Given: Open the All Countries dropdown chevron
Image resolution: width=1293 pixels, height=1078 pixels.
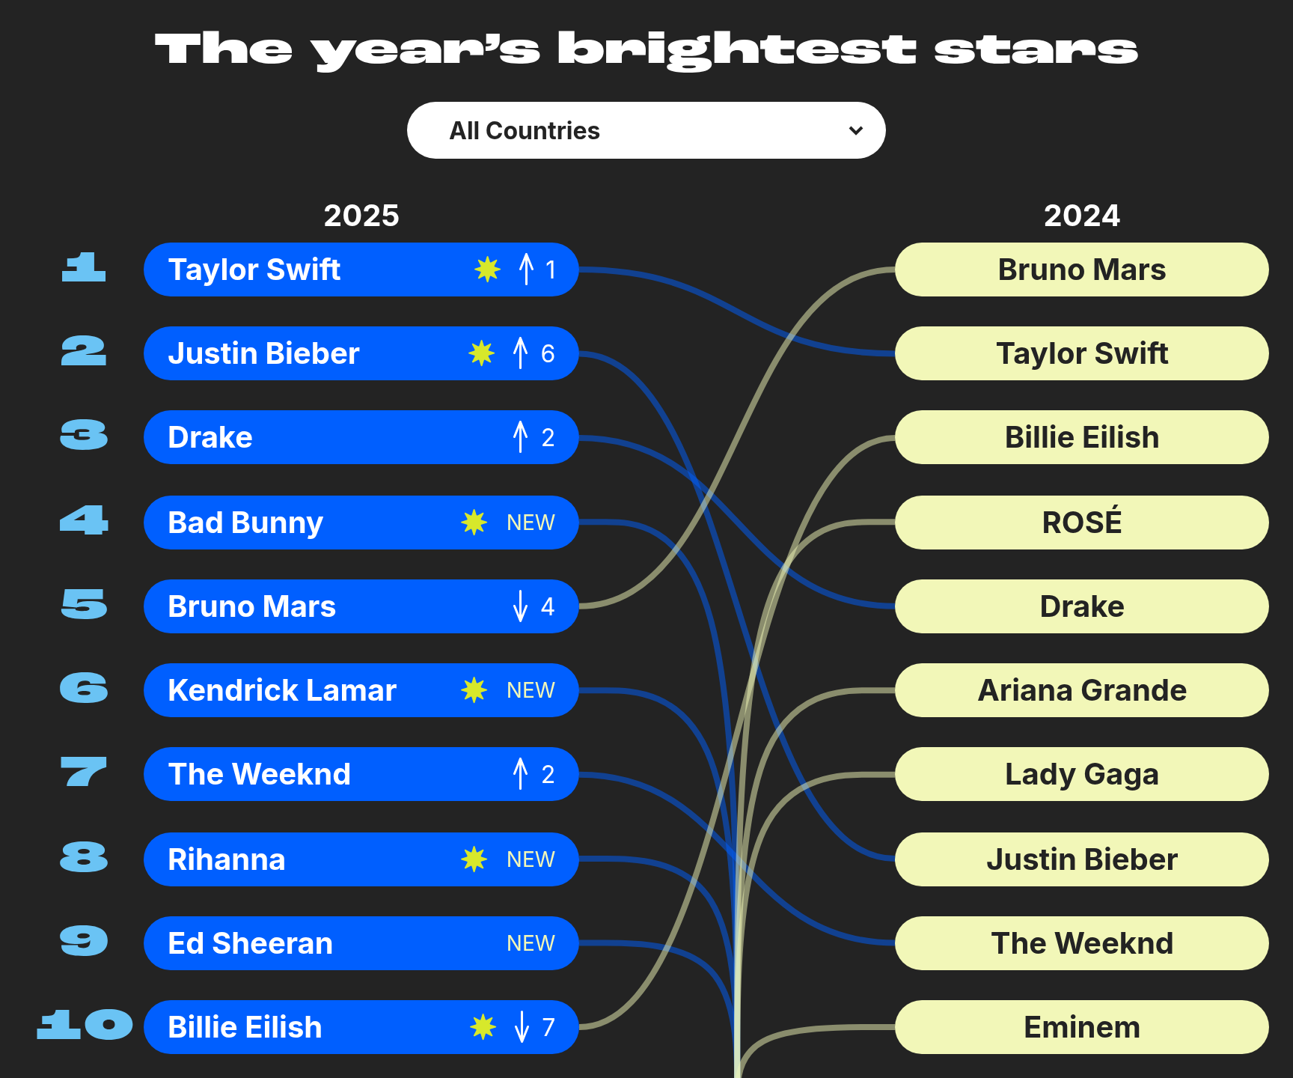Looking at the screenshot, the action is coord(856,131).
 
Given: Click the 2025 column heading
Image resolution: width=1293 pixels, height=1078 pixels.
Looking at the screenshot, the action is coord(361,216).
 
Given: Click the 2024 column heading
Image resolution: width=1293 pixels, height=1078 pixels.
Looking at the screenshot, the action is coord(1082,216).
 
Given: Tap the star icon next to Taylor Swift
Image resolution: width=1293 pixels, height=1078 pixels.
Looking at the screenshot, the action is coord(487,269).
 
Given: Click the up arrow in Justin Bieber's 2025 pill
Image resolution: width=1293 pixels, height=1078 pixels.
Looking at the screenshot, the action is coord(521,353).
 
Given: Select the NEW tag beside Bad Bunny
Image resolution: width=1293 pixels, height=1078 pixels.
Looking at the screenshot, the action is coord(531,523).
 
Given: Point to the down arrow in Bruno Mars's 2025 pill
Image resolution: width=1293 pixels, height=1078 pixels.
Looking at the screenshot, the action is coord(521,606).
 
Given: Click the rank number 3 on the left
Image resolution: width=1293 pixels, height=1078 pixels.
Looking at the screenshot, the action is coord(84,435).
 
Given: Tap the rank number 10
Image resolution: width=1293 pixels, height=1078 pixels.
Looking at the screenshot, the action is coord(85,1025).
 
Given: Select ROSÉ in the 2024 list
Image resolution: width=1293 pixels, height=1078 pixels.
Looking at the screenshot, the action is coord(1082,521).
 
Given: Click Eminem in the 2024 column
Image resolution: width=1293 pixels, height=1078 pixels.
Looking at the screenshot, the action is coord(1082,1027).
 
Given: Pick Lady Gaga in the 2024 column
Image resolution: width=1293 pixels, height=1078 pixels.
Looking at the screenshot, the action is coord(1082,775).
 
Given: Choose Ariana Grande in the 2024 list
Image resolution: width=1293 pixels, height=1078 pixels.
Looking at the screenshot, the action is coord(1082,690).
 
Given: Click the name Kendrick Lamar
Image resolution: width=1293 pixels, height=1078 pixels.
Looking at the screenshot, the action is coord(282,690).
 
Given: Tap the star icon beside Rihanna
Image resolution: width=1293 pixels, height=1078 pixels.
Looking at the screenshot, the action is coord(474,859).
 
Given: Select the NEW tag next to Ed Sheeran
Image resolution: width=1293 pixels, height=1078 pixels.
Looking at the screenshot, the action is coord(531,943).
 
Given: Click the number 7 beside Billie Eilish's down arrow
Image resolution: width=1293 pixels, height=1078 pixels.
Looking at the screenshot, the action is coord(548,1027).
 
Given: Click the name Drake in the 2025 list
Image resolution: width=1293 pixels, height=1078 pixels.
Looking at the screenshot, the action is coord(210,437).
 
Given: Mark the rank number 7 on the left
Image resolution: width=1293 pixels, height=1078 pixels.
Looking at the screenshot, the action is coord(84,772).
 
